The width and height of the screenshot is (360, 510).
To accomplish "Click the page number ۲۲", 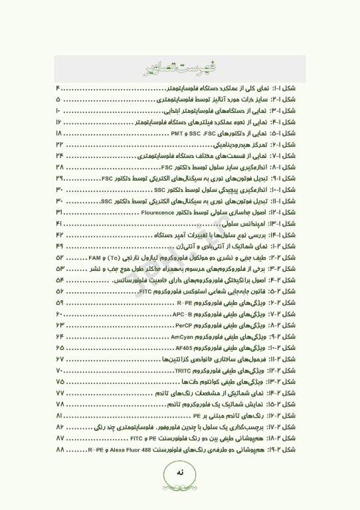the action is click(x=59, y=144).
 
